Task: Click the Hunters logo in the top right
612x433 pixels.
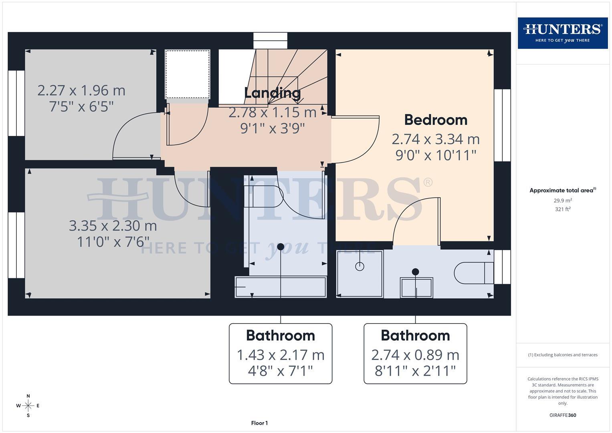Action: click(562, 33)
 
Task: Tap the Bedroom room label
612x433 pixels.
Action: click(436, 120)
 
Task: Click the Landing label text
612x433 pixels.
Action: click(273, 93)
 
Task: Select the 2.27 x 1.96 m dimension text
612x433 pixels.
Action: click(81, 91)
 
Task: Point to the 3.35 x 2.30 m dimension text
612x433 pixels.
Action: click(113, 226)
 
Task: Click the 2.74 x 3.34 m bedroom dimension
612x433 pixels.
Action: click(436, 139)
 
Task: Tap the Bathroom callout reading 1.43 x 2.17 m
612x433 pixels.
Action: click(281, 354)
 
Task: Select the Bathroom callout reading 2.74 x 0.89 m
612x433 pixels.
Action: click(415, 354)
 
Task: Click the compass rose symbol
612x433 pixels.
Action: click(28, 406)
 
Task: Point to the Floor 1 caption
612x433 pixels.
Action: click(259, 423)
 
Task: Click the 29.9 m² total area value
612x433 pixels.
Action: click(563, 200)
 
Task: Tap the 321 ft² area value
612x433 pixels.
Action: click(563, 209)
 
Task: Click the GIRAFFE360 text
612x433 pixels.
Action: click(563, 415)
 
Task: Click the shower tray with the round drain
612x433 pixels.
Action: click(360, 274)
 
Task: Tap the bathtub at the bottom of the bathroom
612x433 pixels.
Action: click(281, 287)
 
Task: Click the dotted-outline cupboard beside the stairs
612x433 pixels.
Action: click(188, 74)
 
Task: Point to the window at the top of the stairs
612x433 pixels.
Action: click(271, 41)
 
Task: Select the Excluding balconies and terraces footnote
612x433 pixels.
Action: click(563, 355)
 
